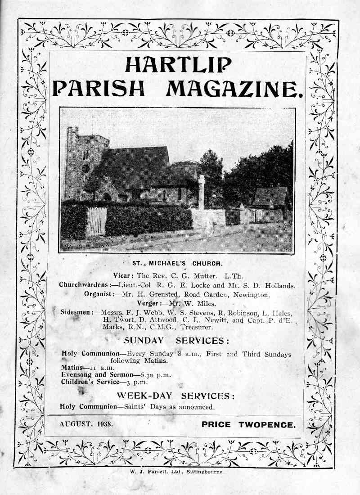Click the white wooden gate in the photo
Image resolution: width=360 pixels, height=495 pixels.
pos(96,221)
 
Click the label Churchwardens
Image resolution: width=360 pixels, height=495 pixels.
pos(85,285)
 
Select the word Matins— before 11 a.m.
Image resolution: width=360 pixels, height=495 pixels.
pos(72,368)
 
